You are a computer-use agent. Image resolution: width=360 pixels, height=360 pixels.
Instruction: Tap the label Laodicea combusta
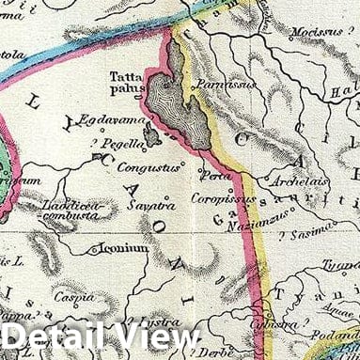(x=70, y=209)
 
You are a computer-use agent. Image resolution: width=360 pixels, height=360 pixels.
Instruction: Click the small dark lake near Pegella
(x=150, y=136)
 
